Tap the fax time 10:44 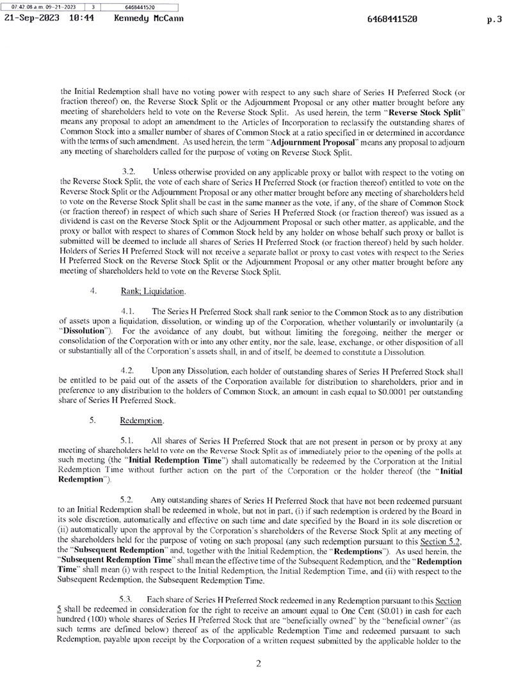[x=81, y=19]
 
